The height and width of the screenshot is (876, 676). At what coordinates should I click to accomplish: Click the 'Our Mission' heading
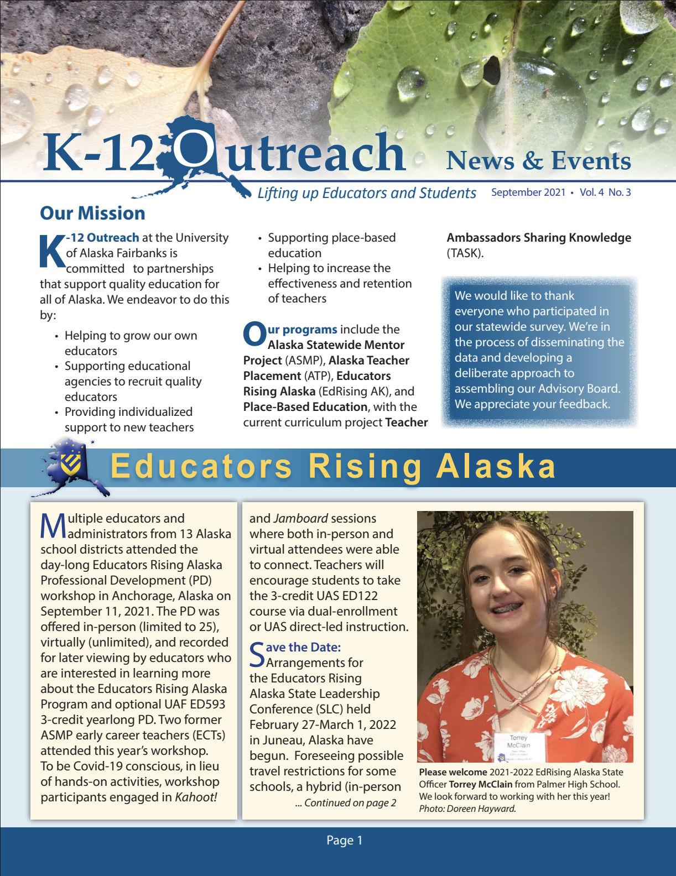pos(92,213)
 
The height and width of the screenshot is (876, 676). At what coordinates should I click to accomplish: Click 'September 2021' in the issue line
pos(528,192)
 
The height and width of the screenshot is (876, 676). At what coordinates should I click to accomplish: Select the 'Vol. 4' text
pos(591,192)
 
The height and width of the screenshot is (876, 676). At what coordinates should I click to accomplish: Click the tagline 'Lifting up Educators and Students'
pos(366,193)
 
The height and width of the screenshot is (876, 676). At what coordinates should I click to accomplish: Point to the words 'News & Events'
pos(538,161)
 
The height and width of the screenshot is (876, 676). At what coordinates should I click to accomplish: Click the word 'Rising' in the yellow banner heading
pos(365,466)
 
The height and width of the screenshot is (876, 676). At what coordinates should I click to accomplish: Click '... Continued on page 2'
pos(345,803)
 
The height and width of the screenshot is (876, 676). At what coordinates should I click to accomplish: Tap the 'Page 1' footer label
pos(344,841)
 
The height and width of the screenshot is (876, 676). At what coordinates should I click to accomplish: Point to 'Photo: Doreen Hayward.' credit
pos(467,809)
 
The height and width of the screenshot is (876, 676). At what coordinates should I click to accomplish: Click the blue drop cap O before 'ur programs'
pos(254,335)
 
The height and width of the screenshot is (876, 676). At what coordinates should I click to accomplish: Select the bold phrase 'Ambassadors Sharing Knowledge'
pos(539,238)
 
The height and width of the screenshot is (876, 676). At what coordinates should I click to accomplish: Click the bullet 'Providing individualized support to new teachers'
pos(129,420)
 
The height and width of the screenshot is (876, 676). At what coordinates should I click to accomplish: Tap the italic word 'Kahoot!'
pos(196,797)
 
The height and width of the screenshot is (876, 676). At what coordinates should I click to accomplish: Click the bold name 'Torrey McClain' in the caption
pos(480,784)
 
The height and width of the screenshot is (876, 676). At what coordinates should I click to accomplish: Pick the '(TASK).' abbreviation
pos(465,253)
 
